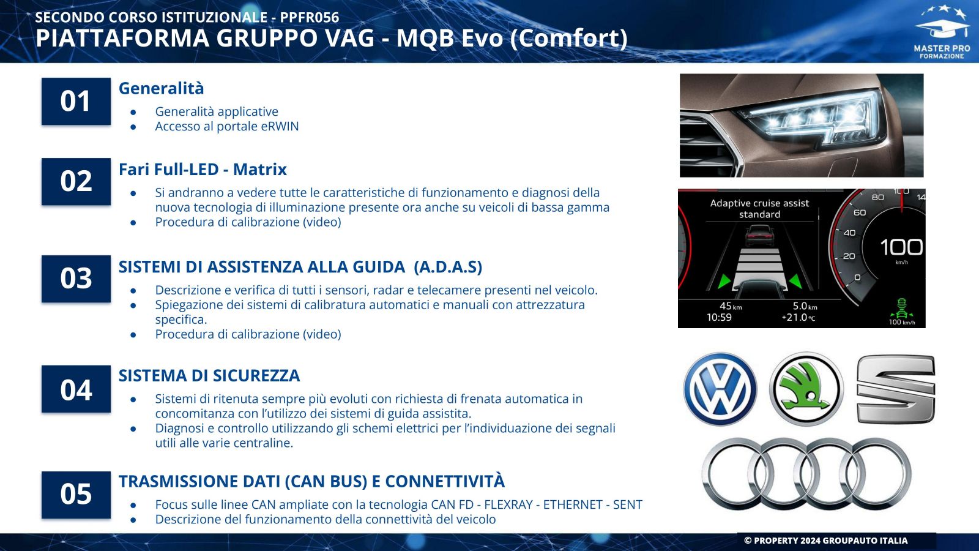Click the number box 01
(x=76, y=102)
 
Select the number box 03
(x=76, y=279)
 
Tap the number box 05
(x=76, y=495)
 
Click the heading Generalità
(x=162, y=88)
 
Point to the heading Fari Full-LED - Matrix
(x=203, y=169)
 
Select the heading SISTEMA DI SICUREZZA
(x=209, y=376)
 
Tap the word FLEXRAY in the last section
(x=508, y=504)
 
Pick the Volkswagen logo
(x=720, y=389)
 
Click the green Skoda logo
(x=806, y=389)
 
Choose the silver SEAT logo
(x=896, y=389)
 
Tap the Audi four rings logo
(x=806, y=474)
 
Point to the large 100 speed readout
(x=901, y=247)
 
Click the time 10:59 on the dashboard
(x=719, y=318)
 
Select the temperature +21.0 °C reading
(x=798, y=318)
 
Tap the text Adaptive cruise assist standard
(x=759, y=209)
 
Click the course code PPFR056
(x=310, y=18)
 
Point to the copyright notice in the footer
(x=825, y=541)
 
